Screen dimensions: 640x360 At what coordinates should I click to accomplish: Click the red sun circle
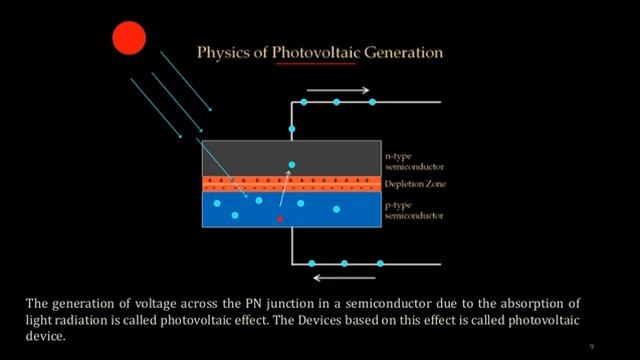coord(129,38)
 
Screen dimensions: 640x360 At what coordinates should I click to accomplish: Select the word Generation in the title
coord(401,51)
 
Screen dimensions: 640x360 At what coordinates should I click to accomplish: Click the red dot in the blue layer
coord(280,217)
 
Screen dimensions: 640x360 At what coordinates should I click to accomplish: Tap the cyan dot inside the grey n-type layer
coord(292,164)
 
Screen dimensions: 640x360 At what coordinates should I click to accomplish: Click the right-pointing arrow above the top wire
coord(330,89)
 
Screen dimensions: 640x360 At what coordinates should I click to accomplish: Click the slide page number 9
coord(591,345)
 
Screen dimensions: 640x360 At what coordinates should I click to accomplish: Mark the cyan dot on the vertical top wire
coord(292,130)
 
